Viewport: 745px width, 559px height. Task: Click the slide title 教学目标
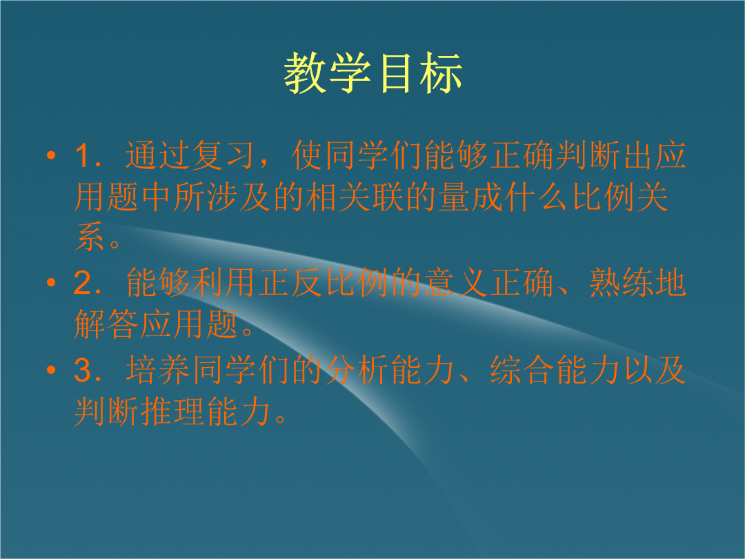click(373, 72)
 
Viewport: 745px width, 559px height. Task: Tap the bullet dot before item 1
click(51, 155)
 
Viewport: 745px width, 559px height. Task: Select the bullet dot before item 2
click(51, 282)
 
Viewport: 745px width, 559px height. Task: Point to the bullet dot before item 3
click(51, 369)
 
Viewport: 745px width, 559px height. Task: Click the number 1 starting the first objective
click(83, 155)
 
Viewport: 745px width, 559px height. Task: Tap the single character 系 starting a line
click(89, 237)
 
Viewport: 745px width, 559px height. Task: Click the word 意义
click(456, 282)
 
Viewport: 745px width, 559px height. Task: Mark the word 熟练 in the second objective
click(621, 282)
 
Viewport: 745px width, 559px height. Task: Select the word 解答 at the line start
click(106, 324)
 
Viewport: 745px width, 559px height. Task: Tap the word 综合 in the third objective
click(522, 370)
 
